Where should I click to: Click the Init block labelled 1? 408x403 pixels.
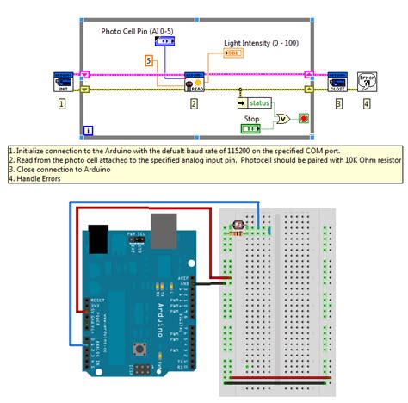coord(62,81)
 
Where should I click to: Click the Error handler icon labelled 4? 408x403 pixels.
coord(367,81)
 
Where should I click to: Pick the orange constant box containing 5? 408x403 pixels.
coord(149,60)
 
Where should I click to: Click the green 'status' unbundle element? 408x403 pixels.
coord(257,102)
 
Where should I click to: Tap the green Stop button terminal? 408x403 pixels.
coord(250,128)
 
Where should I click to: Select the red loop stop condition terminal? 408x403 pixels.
coord(304,118)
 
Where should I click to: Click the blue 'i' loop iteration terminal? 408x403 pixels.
coord(88,131)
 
